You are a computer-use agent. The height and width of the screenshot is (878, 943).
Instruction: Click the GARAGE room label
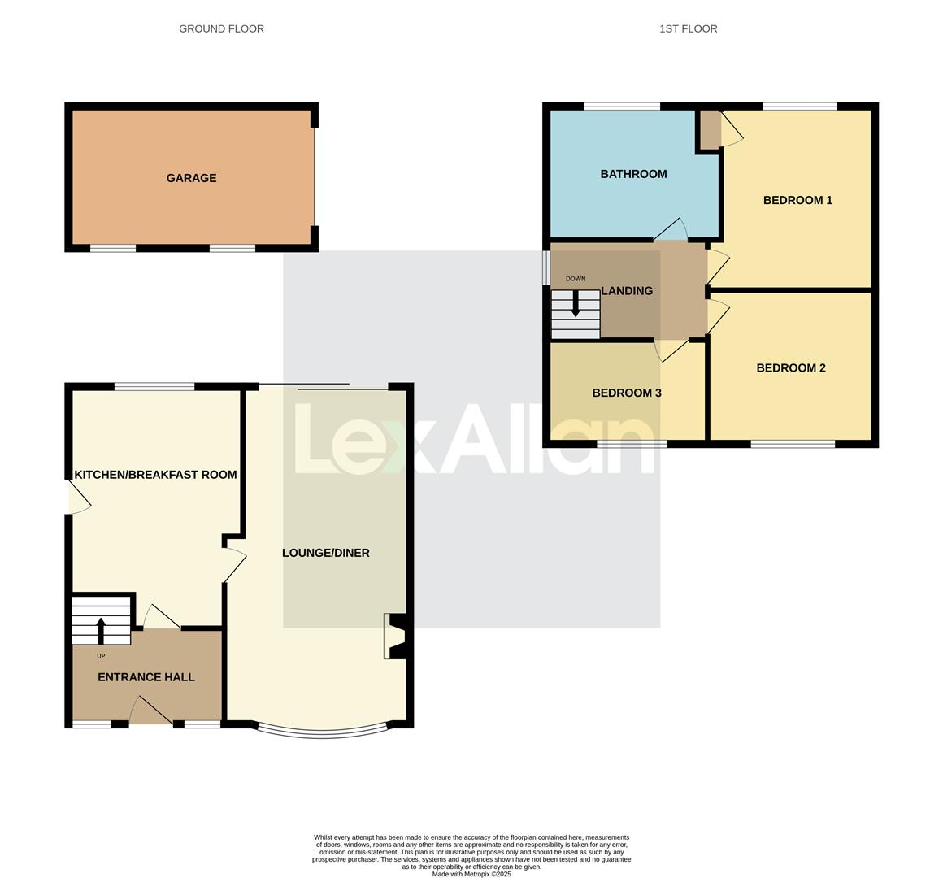(191, 178)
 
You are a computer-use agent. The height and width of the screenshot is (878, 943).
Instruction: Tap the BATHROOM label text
(633, 174)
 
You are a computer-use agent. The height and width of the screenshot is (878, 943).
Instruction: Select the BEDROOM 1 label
(797, 200)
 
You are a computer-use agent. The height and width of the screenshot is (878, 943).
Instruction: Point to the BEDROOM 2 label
(790, 367)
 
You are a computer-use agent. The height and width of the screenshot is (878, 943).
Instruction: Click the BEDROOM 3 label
(626, 393)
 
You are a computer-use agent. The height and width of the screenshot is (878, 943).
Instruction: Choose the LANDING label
(627, 291)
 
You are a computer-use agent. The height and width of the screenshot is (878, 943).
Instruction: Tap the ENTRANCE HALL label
(146, 677)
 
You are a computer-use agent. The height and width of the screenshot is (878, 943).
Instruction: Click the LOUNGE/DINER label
(325, 553)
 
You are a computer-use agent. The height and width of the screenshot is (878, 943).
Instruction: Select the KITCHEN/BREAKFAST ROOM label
(155, 475)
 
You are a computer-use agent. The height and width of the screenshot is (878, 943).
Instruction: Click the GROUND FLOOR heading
(221, 28)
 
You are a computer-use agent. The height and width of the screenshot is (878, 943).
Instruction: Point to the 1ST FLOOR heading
(688, 28)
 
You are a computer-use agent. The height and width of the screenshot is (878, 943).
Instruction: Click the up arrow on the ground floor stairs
(101, 630)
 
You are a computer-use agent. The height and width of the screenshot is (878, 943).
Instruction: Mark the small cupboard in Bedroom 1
(710, 130)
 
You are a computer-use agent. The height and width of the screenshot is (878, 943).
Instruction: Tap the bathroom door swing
(671, 231)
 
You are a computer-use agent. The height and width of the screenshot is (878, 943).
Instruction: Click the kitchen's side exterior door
(77, 497)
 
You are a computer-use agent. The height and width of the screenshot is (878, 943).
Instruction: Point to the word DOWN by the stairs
(576, 279)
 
